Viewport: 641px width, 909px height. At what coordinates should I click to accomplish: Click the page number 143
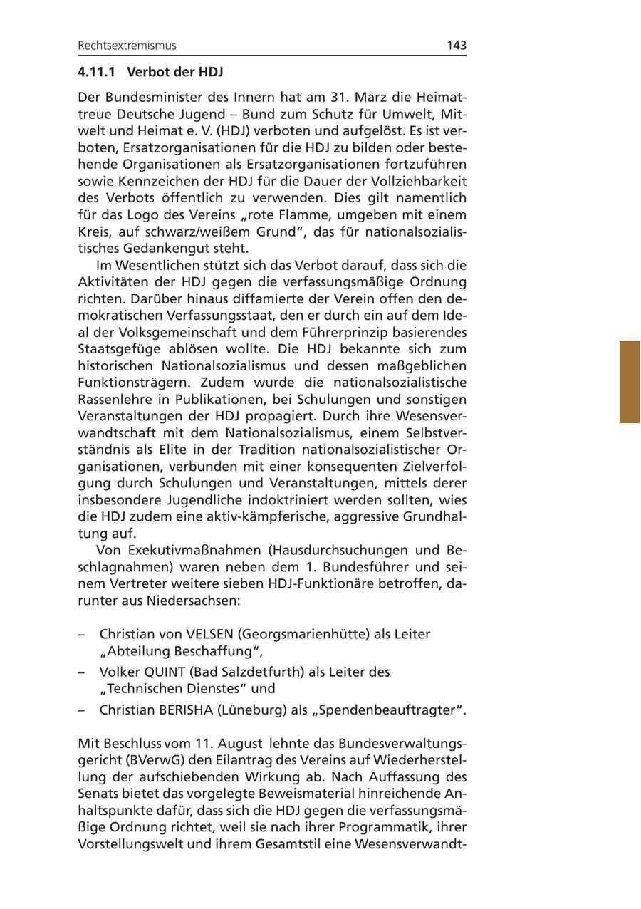(x=457, y=46)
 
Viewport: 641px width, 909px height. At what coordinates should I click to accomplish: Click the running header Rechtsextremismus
(x=127, y=46)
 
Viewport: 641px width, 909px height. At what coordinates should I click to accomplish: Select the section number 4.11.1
(x=97, y=72)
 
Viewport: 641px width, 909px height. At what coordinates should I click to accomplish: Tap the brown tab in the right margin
(x=630, y=382)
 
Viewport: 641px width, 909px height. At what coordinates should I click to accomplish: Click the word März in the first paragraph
(x=365, y=96)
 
